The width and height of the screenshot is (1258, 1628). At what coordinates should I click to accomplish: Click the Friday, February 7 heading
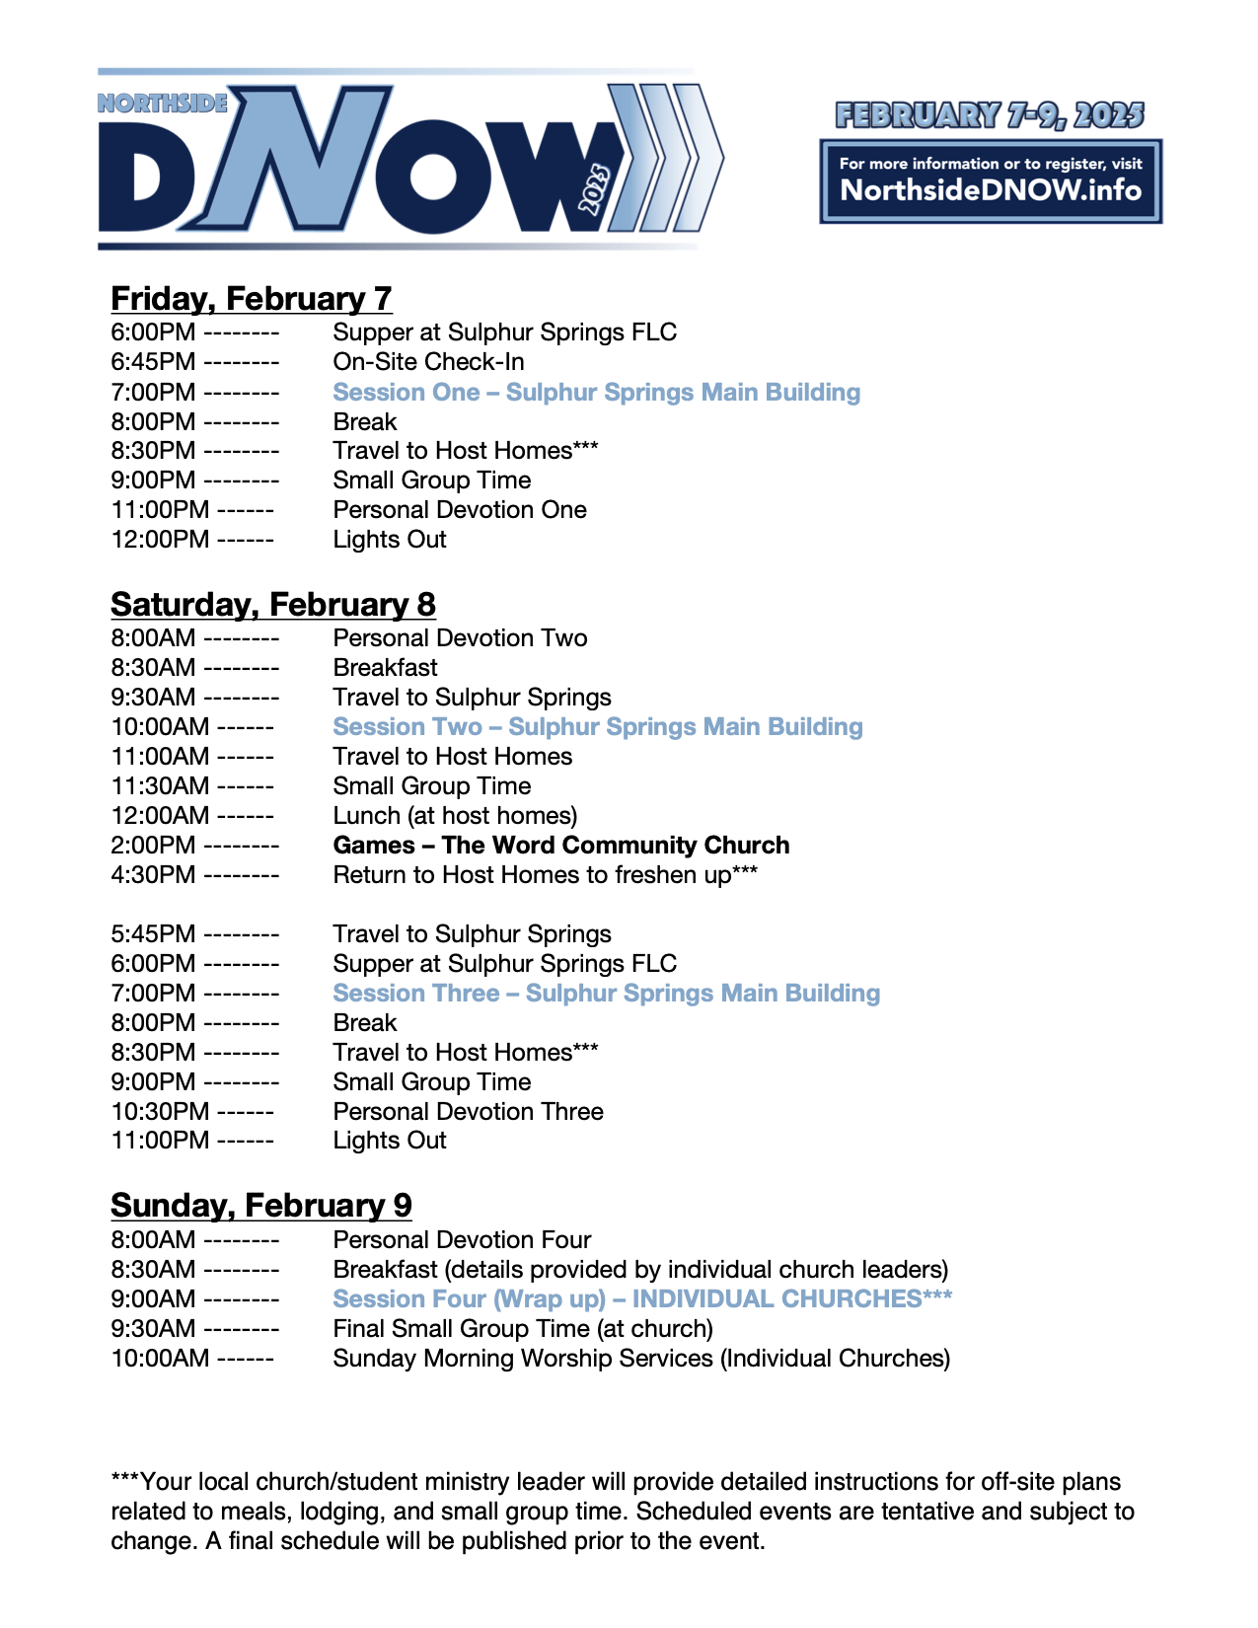(251, 298)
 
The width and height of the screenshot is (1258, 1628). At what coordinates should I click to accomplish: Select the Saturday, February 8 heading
(272, 604)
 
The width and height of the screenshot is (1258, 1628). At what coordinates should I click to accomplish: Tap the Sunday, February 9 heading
(260, 1205)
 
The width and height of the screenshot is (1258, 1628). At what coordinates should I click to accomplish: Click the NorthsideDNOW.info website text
(990, 190)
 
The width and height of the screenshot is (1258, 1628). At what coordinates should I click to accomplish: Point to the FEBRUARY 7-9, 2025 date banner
(990, 115)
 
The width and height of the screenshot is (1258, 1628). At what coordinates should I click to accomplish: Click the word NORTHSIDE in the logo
(163, 103)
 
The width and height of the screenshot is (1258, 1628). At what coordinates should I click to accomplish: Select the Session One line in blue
(596, 392)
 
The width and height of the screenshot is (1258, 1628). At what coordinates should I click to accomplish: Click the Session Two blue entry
(597, 727)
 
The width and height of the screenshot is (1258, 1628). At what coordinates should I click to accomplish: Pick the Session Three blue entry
(606, 993)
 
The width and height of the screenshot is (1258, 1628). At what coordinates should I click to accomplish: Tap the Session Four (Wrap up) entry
(641, 1298)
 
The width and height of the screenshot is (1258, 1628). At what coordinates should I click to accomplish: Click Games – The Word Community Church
(560, 846)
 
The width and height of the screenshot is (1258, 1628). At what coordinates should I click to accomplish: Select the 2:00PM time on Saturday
(153, 846)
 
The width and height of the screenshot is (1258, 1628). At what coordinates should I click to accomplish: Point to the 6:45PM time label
(153, 362)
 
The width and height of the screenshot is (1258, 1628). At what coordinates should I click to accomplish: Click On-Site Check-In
(428, 362)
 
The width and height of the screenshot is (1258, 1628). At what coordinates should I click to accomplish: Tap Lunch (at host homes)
(455, 816)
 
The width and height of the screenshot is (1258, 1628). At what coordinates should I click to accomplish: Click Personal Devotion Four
(462, 1239)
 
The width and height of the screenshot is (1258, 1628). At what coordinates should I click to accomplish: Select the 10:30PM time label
(160, 1111)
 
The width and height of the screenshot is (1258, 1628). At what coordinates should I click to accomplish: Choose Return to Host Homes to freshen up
(545, 875)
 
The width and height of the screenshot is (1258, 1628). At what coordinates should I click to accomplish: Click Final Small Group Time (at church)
(523, 1328)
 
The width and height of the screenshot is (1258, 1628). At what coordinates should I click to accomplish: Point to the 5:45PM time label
(153, 934)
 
